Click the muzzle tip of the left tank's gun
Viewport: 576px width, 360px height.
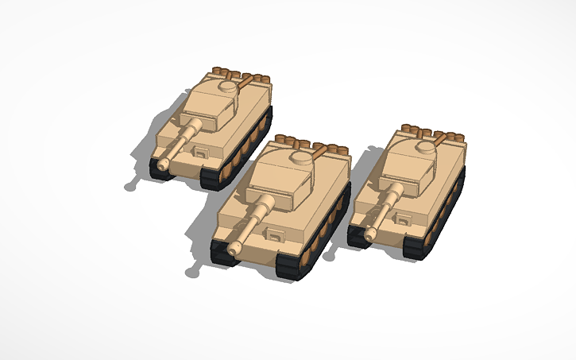point(163,164)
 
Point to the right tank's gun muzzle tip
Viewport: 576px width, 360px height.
point(367,231)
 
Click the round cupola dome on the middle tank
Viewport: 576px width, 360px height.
point(302,158)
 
